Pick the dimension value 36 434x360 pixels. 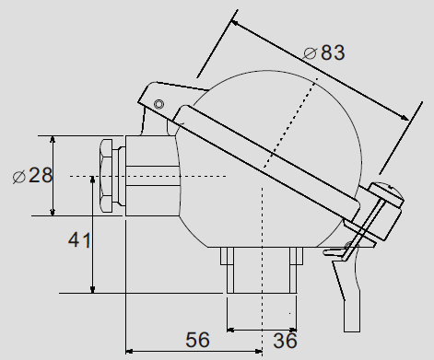(x=284, y=341)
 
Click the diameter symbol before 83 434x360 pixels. (x=310, y=53)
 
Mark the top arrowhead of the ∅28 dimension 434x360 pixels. (x=53, y=141)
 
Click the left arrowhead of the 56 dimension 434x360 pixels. (x=130, y=350)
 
